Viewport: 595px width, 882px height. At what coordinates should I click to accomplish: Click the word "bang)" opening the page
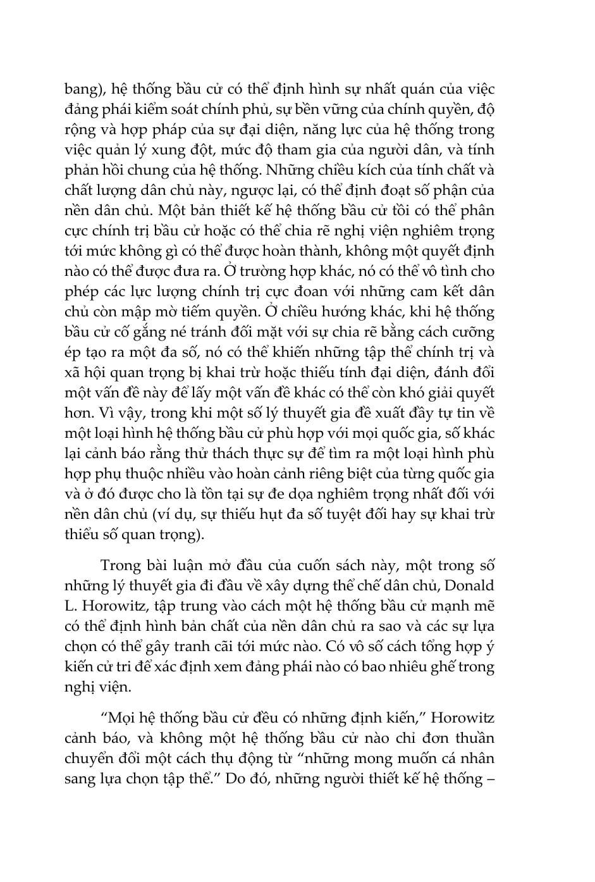coord(82,90)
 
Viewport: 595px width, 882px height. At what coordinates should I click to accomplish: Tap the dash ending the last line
coord(490,778)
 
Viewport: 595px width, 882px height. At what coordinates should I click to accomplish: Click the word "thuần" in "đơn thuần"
coord(472,738)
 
